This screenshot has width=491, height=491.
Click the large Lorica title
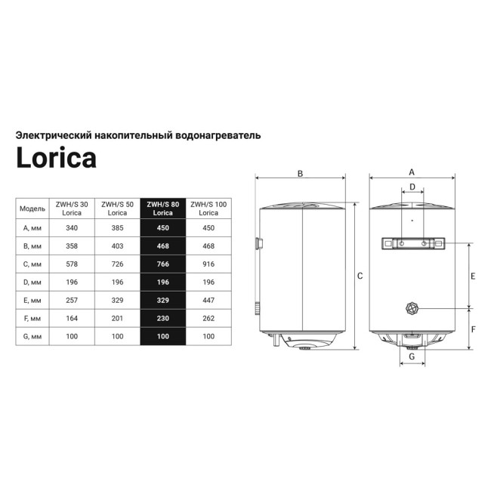[x=57, y=157]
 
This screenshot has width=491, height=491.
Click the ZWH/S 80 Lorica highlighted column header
[x=163, y=208]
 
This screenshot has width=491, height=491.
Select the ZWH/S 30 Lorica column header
[x=72, y=208]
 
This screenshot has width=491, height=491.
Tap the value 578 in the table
[x=72, y=264]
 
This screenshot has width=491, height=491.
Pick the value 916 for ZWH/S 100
[x=208, y=264]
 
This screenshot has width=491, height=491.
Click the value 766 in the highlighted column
[x=163, y=264]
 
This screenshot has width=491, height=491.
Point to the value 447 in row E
[x=208, y=301]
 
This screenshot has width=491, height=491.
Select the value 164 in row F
[x=72, y=319]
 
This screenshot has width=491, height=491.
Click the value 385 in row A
[x=117, y=228]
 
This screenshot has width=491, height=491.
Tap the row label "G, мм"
[x=32, y=337]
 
